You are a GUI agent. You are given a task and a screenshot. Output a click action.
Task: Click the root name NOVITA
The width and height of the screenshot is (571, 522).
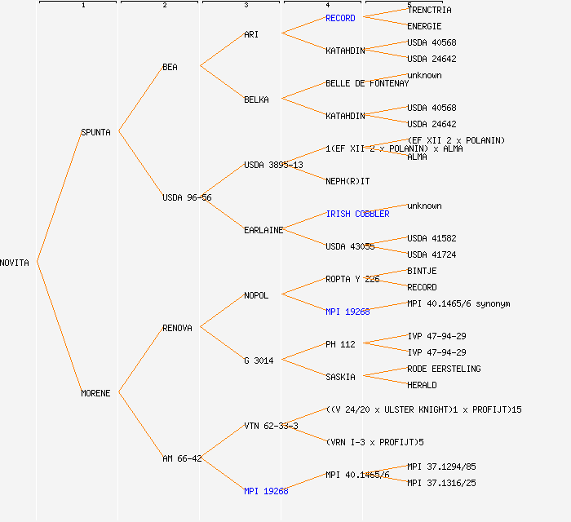(15, 263)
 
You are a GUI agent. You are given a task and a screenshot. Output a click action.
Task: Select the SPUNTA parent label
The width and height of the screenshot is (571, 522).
(95, 132)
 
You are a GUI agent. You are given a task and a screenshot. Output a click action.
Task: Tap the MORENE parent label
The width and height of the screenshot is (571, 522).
(95, 393)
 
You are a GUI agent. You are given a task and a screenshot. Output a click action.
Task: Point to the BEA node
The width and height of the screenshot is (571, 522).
(170, 67)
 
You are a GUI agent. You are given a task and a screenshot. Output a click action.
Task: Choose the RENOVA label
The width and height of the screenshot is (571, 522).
(177, 328)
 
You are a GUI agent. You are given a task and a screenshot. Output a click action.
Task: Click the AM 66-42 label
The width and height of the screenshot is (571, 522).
(181, 458)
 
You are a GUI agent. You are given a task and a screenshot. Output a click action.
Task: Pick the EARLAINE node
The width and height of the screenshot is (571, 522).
(263, 230)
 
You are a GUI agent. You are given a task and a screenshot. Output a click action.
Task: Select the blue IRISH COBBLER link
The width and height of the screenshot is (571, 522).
(357, 214)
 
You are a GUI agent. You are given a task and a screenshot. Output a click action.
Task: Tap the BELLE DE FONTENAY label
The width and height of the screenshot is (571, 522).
(367, 83)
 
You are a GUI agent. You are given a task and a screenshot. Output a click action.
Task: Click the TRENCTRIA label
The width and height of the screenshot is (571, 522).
(429, 10)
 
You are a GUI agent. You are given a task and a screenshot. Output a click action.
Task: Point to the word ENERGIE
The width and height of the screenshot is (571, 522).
(424, 26)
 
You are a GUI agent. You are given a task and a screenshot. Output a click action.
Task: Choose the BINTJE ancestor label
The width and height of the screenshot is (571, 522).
(422, 271)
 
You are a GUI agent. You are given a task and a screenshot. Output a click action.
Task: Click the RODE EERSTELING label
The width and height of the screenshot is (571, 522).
(444, 369)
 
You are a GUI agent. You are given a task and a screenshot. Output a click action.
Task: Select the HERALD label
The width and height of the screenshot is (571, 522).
(422, 385)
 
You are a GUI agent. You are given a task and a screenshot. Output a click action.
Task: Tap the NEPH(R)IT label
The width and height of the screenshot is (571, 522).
(347, 181)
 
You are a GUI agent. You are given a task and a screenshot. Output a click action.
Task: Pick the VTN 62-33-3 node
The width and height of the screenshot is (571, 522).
(271, 426)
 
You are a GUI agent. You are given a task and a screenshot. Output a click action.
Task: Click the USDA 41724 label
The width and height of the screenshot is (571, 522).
(432, 254)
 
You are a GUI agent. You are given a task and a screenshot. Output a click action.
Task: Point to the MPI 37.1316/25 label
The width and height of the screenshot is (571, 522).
(441, 483)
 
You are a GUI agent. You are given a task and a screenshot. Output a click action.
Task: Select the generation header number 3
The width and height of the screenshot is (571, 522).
(246, 6)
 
